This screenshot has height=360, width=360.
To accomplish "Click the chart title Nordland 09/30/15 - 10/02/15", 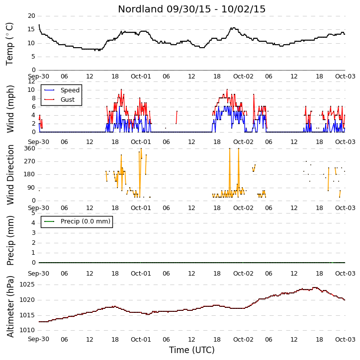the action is click(x=192, y=9).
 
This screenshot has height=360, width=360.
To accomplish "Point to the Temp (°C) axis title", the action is click(x=9, y=44).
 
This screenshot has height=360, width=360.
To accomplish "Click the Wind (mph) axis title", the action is click(x=10, y=109).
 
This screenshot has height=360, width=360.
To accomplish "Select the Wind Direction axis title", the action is click(x=10, y=174).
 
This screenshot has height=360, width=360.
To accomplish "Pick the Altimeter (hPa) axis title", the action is click(x=10, y=306).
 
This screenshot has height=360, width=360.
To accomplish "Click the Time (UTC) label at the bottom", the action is click(x=192, y=350).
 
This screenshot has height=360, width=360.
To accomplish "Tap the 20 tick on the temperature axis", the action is click(x=31, y=16).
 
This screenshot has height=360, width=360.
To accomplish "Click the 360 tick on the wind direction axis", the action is click(x=30, y=148).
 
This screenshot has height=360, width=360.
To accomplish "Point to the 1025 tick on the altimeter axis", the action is click(x=27, y=285).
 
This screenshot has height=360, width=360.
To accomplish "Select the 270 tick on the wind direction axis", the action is click(x=30, y=161).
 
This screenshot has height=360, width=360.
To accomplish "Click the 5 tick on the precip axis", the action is click(x=33, y=213).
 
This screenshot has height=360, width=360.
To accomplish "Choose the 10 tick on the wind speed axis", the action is click(x=31, y=90).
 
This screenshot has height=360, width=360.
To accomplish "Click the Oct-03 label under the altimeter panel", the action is click(x=345, y=339).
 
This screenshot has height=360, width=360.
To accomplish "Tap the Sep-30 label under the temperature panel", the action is click(x=39, y=76).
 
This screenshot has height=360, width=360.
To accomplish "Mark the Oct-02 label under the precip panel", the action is click(x=243, y=274).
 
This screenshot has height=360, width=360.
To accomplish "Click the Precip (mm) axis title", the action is click(x=10, y=240).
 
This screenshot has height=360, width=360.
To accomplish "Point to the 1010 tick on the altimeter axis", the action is click(x=27, y=330).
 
